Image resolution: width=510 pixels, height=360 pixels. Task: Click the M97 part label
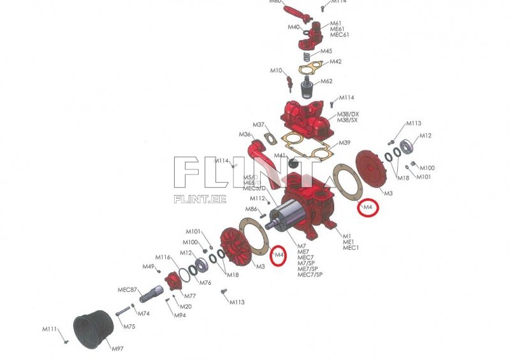117,349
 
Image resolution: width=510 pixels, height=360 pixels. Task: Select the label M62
326,82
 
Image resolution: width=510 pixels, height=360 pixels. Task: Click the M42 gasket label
335,62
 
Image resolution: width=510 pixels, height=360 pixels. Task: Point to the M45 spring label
326,51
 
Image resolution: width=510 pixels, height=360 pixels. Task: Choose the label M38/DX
348,113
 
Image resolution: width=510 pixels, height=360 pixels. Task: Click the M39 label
344,143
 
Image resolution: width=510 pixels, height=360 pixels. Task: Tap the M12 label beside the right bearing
425,136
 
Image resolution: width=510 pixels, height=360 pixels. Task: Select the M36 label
245,134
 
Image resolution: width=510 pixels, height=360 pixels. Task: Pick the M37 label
258,124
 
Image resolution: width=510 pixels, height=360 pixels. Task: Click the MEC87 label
127,290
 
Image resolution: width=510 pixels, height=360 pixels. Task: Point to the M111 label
50,329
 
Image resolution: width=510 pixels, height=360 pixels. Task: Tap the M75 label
129,326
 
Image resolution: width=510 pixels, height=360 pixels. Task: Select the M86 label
252,209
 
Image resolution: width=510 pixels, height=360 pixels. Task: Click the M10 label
276,70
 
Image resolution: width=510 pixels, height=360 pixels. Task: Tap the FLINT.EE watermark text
200,198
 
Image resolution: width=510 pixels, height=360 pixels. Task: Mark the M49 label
148,266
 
